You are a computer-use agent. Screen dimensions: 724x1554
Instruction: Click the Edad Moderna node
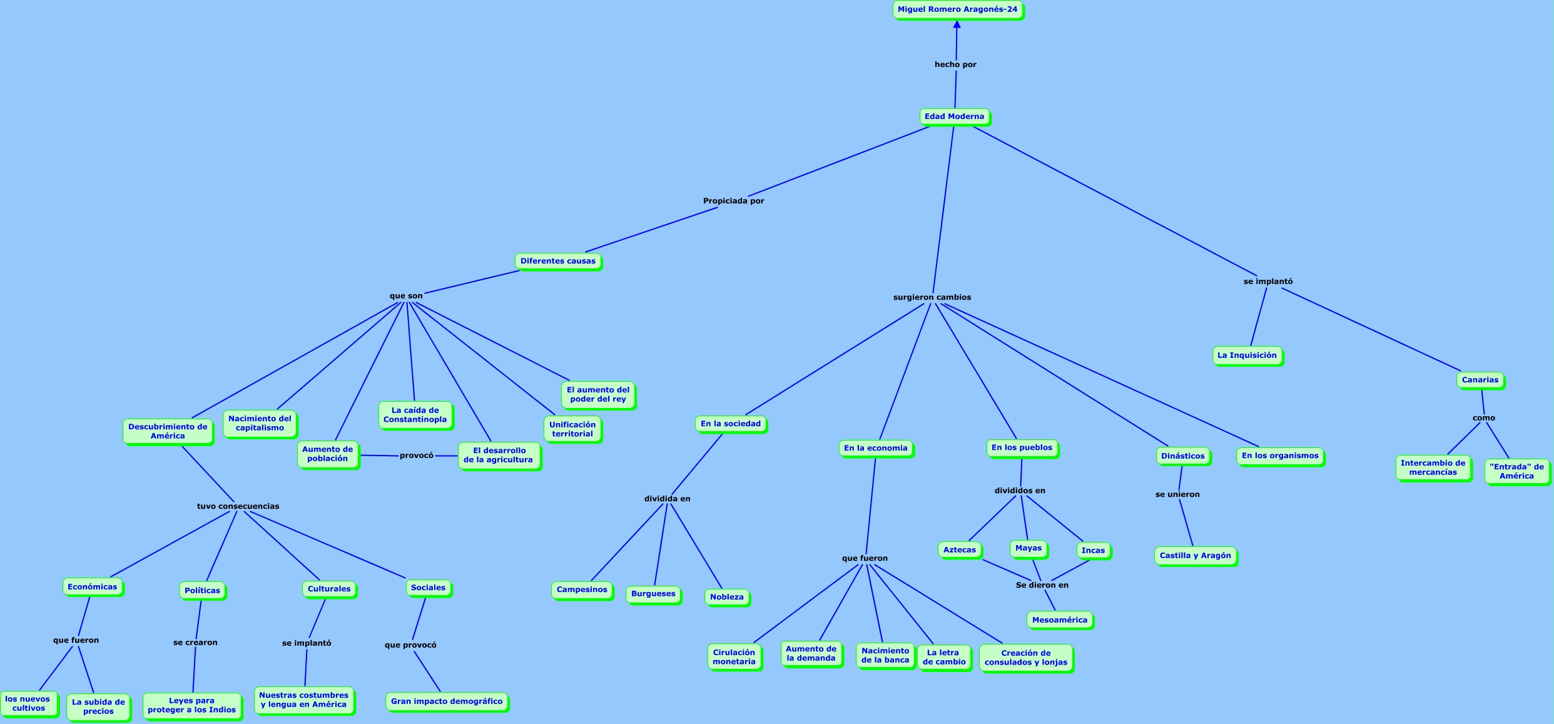pos(954,116)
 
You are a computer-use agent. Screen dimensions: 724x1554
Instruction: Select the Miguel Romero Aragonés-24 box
pos(957,9)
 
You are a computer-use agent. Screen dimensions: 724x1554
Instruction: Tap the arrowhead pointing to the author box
pos(957,24)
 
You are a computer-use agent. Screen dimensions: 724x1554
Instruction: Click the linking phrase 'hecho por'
pos(955,64)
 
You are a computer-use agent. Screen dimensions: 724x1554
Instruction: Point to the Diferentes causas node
pos(557,261)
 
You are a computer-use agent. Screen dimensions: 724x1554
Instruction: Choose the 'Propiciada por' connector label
pos(733,201)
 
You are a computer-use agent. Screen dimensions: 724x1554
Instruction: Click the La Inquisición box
pos(1246,355)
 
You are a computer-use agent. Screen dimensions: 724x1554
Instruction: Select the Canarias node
pos(1480,380)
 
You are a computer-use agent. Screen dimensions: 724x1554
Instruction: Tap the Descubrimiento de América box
pos(168,431)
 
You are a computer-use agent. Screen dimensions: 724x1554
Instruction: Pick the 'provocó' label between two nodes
pos(416,456)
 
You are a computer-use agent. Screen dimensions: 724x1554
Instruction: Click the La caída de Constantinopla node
pos(415,415)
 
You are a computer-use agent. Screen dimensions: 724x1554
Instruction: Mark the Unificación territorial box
pos(572,429)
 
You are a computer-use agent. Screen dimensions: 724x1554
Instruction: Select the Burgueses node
pos(653,594)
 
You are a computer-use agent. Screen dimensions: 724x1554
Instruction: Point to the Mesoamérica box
pos(1059,620)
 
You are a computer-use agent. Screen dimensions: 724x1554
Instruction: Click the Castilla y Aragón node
pos(1195,556)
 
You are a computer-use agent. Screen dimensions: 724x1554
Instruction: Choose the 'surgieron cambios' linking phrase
pos(932,297)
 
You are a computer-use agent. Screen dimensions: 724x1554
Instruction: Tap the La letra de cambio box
pos(943,657)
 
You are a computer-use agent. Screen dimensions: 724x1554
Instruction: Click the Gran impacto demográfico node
pos(446,701)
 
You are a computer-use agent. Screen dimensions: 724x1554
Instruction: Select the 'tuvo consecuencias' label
pos(238,506)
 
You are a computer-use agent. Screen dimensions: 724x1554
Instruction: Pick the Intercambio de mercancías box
pos(1433,467)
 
